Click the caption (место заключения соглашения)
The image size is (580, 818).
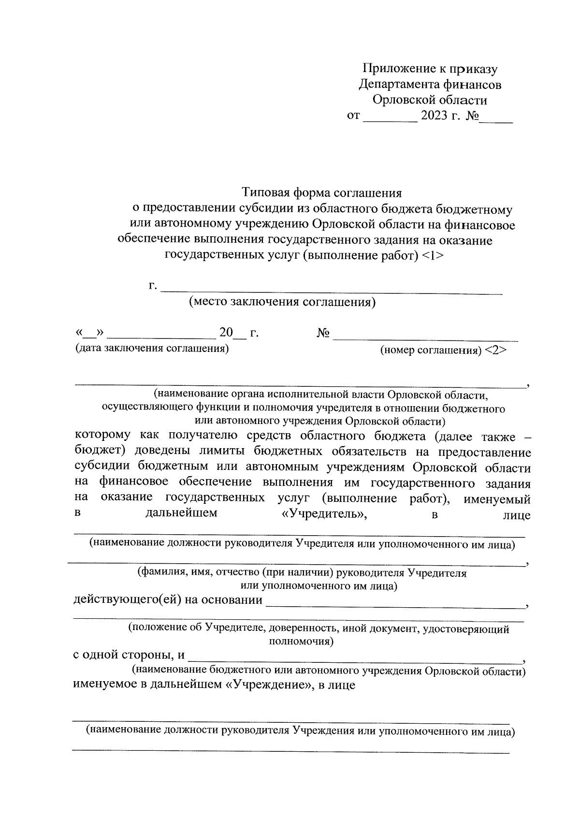pos(282,302)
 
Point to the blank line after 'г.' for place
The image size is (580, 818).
pos(332,289)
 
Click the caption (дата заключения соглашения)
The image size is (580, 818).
pos(152,348)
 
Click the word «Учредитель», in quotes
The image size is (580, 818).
pos(324,514)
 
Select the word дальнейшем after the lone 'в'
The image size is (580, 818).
pos(181,513)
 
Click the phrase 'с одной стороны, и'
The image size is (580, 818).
pos(129,655)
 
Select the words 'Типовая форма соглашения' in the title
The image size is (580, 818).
pos(322,193)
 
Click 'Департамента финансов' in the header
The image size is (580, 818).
pos(430,85)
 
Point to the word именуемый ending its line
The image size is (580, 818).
pos(497,499)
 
